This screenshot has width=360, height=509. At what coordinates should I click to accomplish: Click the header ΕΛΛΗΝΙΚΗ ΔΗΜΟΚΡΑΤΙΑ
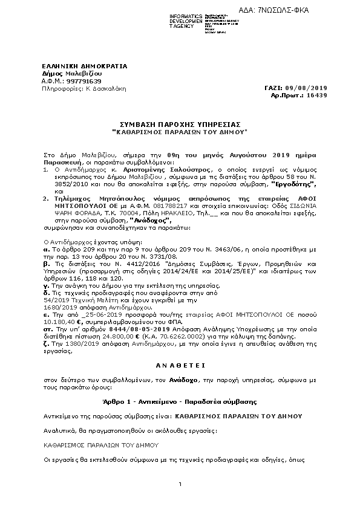click(x=76, y=65)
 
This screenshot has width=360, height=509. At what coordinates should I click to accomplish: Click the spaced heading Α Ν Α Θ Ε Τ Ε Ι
click(x=180, y=365)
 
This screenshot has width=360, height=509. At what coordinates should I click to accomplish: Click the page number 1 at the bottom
click(x=180, y=484)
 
